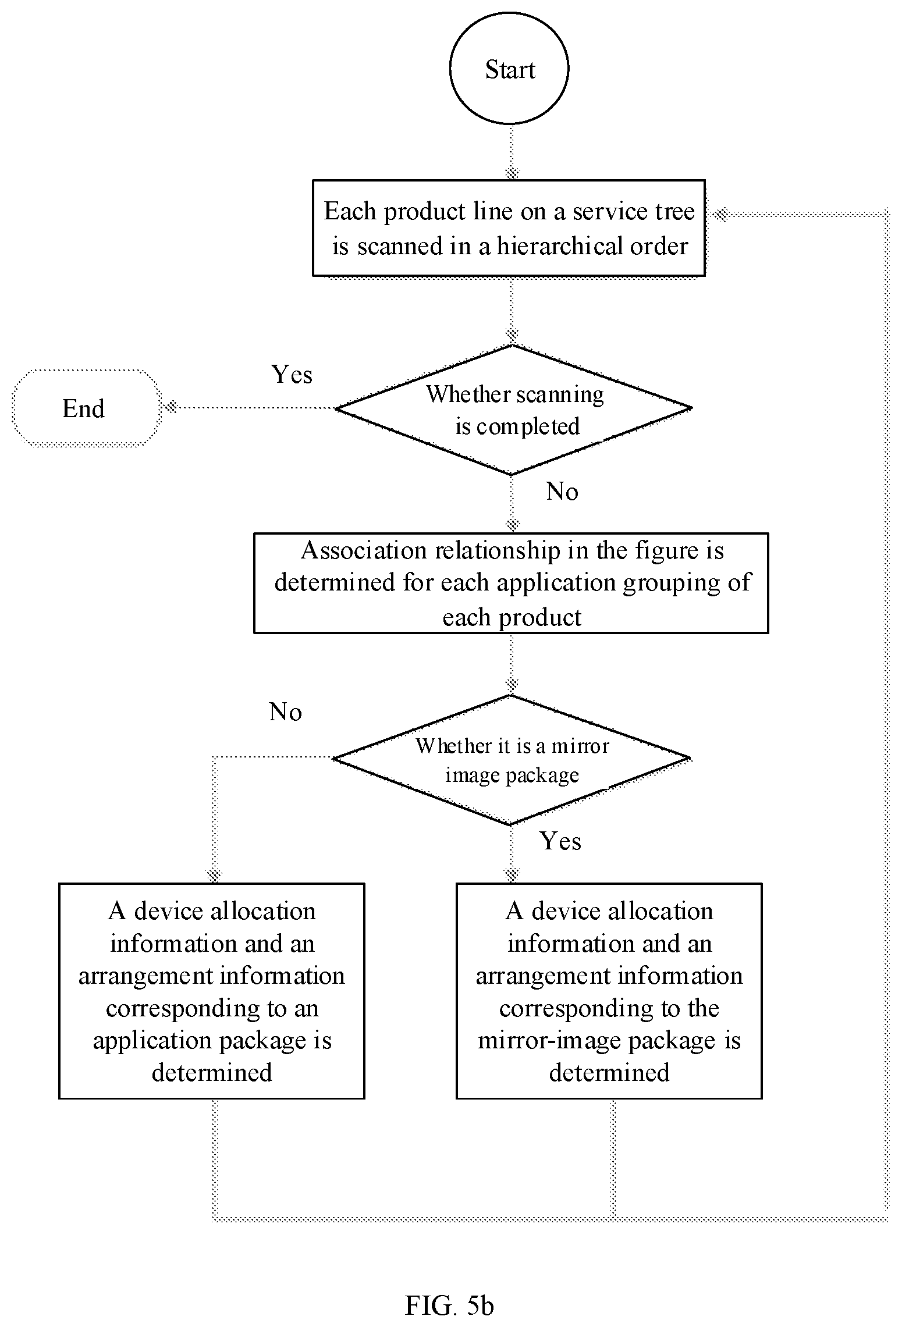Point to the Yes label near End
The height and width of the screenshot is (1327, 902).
[292, 375]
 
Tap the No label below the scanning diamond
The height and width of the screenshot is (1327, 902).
[562, 492]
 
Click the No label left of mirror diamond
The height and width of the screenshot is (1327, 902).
[285, 712]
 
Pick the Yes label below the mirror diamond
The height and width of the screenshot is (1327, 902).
[560, 841]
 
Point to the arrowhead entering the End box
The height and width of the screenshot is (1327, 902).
[170, 407]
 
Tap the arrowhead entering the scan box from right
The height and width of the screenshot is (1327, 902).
[720, 214]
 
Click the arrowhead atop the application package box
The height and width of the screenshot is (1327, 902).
[214, 875]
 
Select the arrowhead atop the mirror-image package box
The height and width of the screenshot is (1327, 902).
[512, 874]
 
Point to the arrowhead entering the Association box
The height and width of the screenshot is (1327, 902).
[512, 525]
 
